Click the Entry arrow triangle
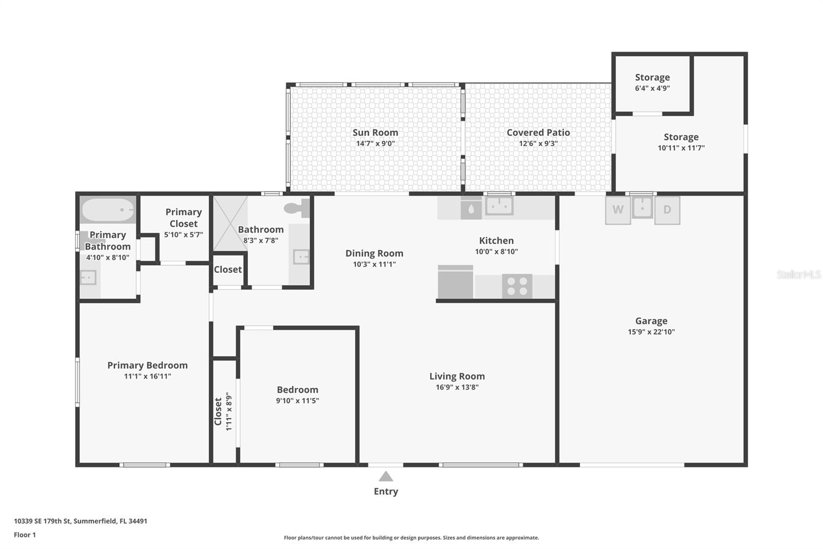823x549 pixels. pos(386,476)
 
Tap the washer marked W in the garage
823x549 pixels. pos(618,210)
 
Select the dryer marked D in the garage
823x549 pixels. pos(667,210)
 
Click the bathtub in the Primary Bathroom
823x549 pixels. pos(108,210)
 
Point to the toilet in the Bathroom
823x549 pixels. pos(297,208)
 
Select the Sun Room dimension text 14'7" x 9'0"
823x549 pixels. pos(375,144)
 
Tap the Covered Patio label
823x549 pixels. pos(538,132)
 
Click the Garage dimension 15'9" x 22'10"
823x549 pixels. pos(651,332)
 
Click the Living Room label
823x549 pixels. pos(457,376)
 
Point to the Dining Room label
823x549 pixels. pos(374,253)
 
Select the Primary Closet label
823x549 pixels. pos(184,218)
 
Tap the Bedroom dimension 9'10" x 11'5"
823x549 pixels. pos(297,401)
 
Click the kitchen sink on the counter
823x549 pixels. pos(499,207)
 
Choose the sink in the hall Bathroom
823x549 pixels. pos(300,256)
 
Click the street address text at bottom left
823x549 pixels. pos(80,521)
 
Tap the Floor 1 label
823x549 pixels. pos(25,535)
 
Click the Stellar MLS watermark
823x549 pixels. pos(798,275)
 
